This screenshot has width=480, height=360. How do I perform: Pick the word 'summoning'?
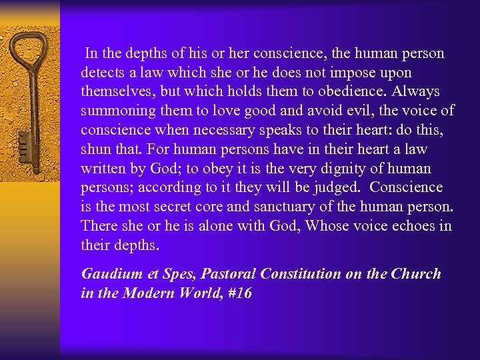[115, 111]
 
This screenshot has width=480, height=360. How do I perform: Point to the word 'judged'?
[338, 188]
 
